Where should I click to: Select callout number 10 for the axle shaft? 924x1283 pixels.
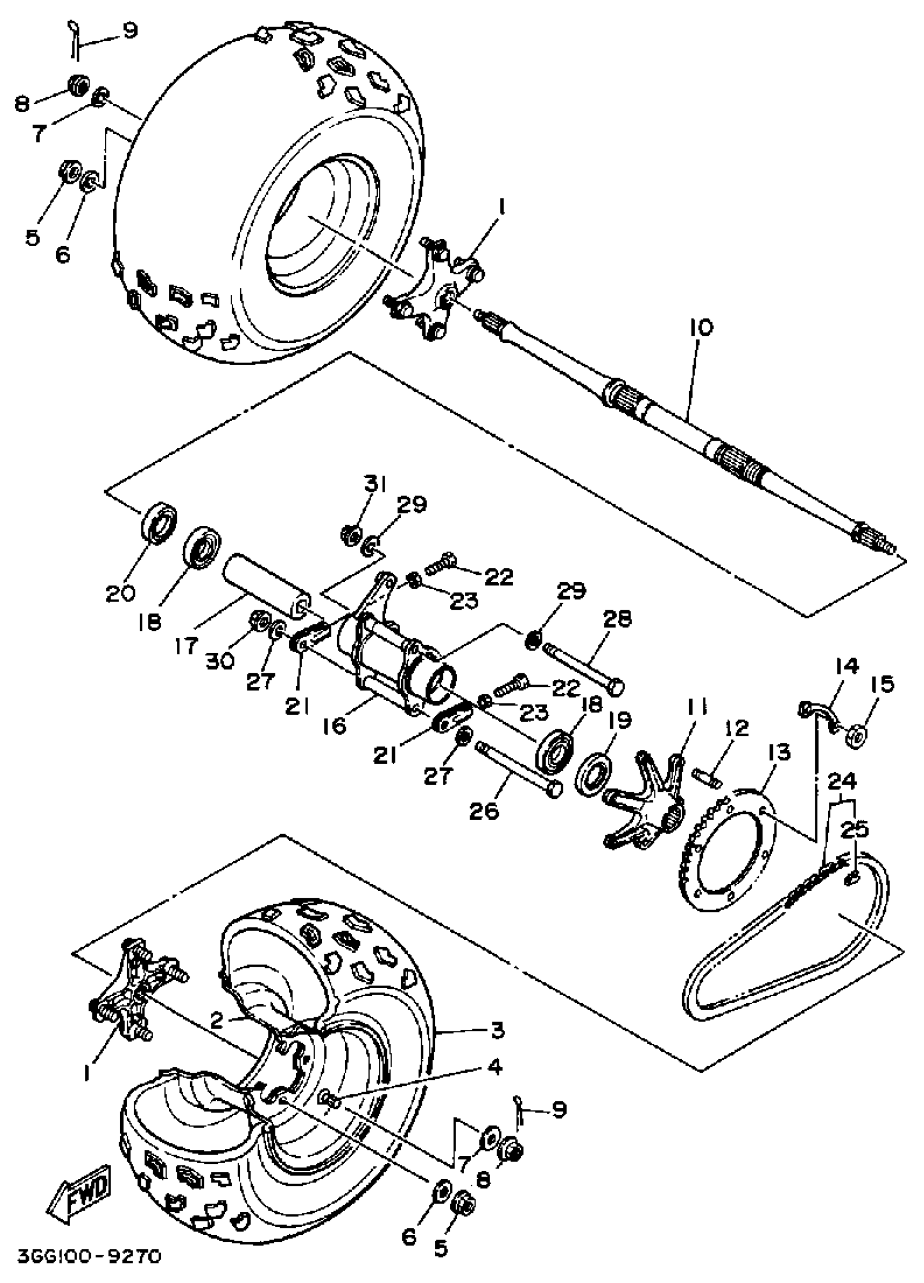(x=701, y=328)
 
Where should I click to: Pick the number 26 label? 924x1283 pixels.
(x=484, y=811)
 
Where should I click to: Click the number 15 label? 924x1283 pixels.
(x=883, y=685)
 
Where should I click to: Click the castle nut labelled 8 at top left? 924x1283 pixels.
(x=78, y=84)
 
